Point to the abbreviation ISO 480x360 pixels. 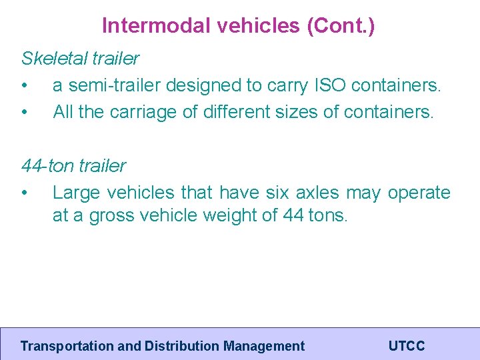[329, 86]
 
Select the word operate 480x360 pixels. [419, 193]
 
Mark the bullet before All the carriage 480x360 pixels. [25, 112]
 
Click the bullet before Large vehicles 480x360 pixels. [25, 193]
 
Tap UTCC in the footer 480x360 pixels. [406, 346]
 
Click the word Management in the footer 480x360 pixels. [264, 346]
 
